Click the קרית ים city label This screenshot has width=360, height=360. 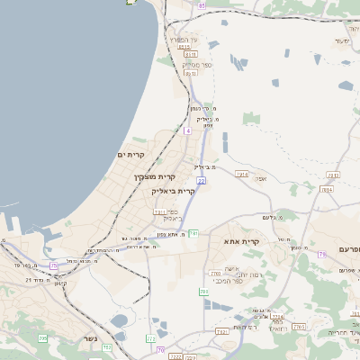pyautogui.click(x=131, y=155)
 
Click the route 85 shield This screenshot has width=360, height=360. pyautogui.click(x=202, y=5)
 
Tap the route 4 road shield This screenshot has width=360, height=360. pyautogui.click(x=188, y=130)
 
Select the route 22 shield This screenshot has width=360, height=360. pyautogui.click(x=202, y=181)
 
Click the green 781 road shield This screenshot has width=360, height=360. pyautogui.click(x=193, y=233)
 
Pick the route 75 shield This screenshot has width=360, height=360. pyautogui.click(x=53, y=265)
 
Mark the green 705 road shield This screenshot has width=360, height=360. pyautogui.click(x=42, y=338)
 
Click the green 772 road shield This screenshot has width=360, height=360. pyautogui.click(x=151, y=338)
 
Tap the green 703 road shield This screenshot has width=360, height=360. pyautogui.click(x=203, y=292)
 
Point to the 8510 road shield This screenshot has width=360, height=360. pyautogui.click(x=191, y=54)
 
